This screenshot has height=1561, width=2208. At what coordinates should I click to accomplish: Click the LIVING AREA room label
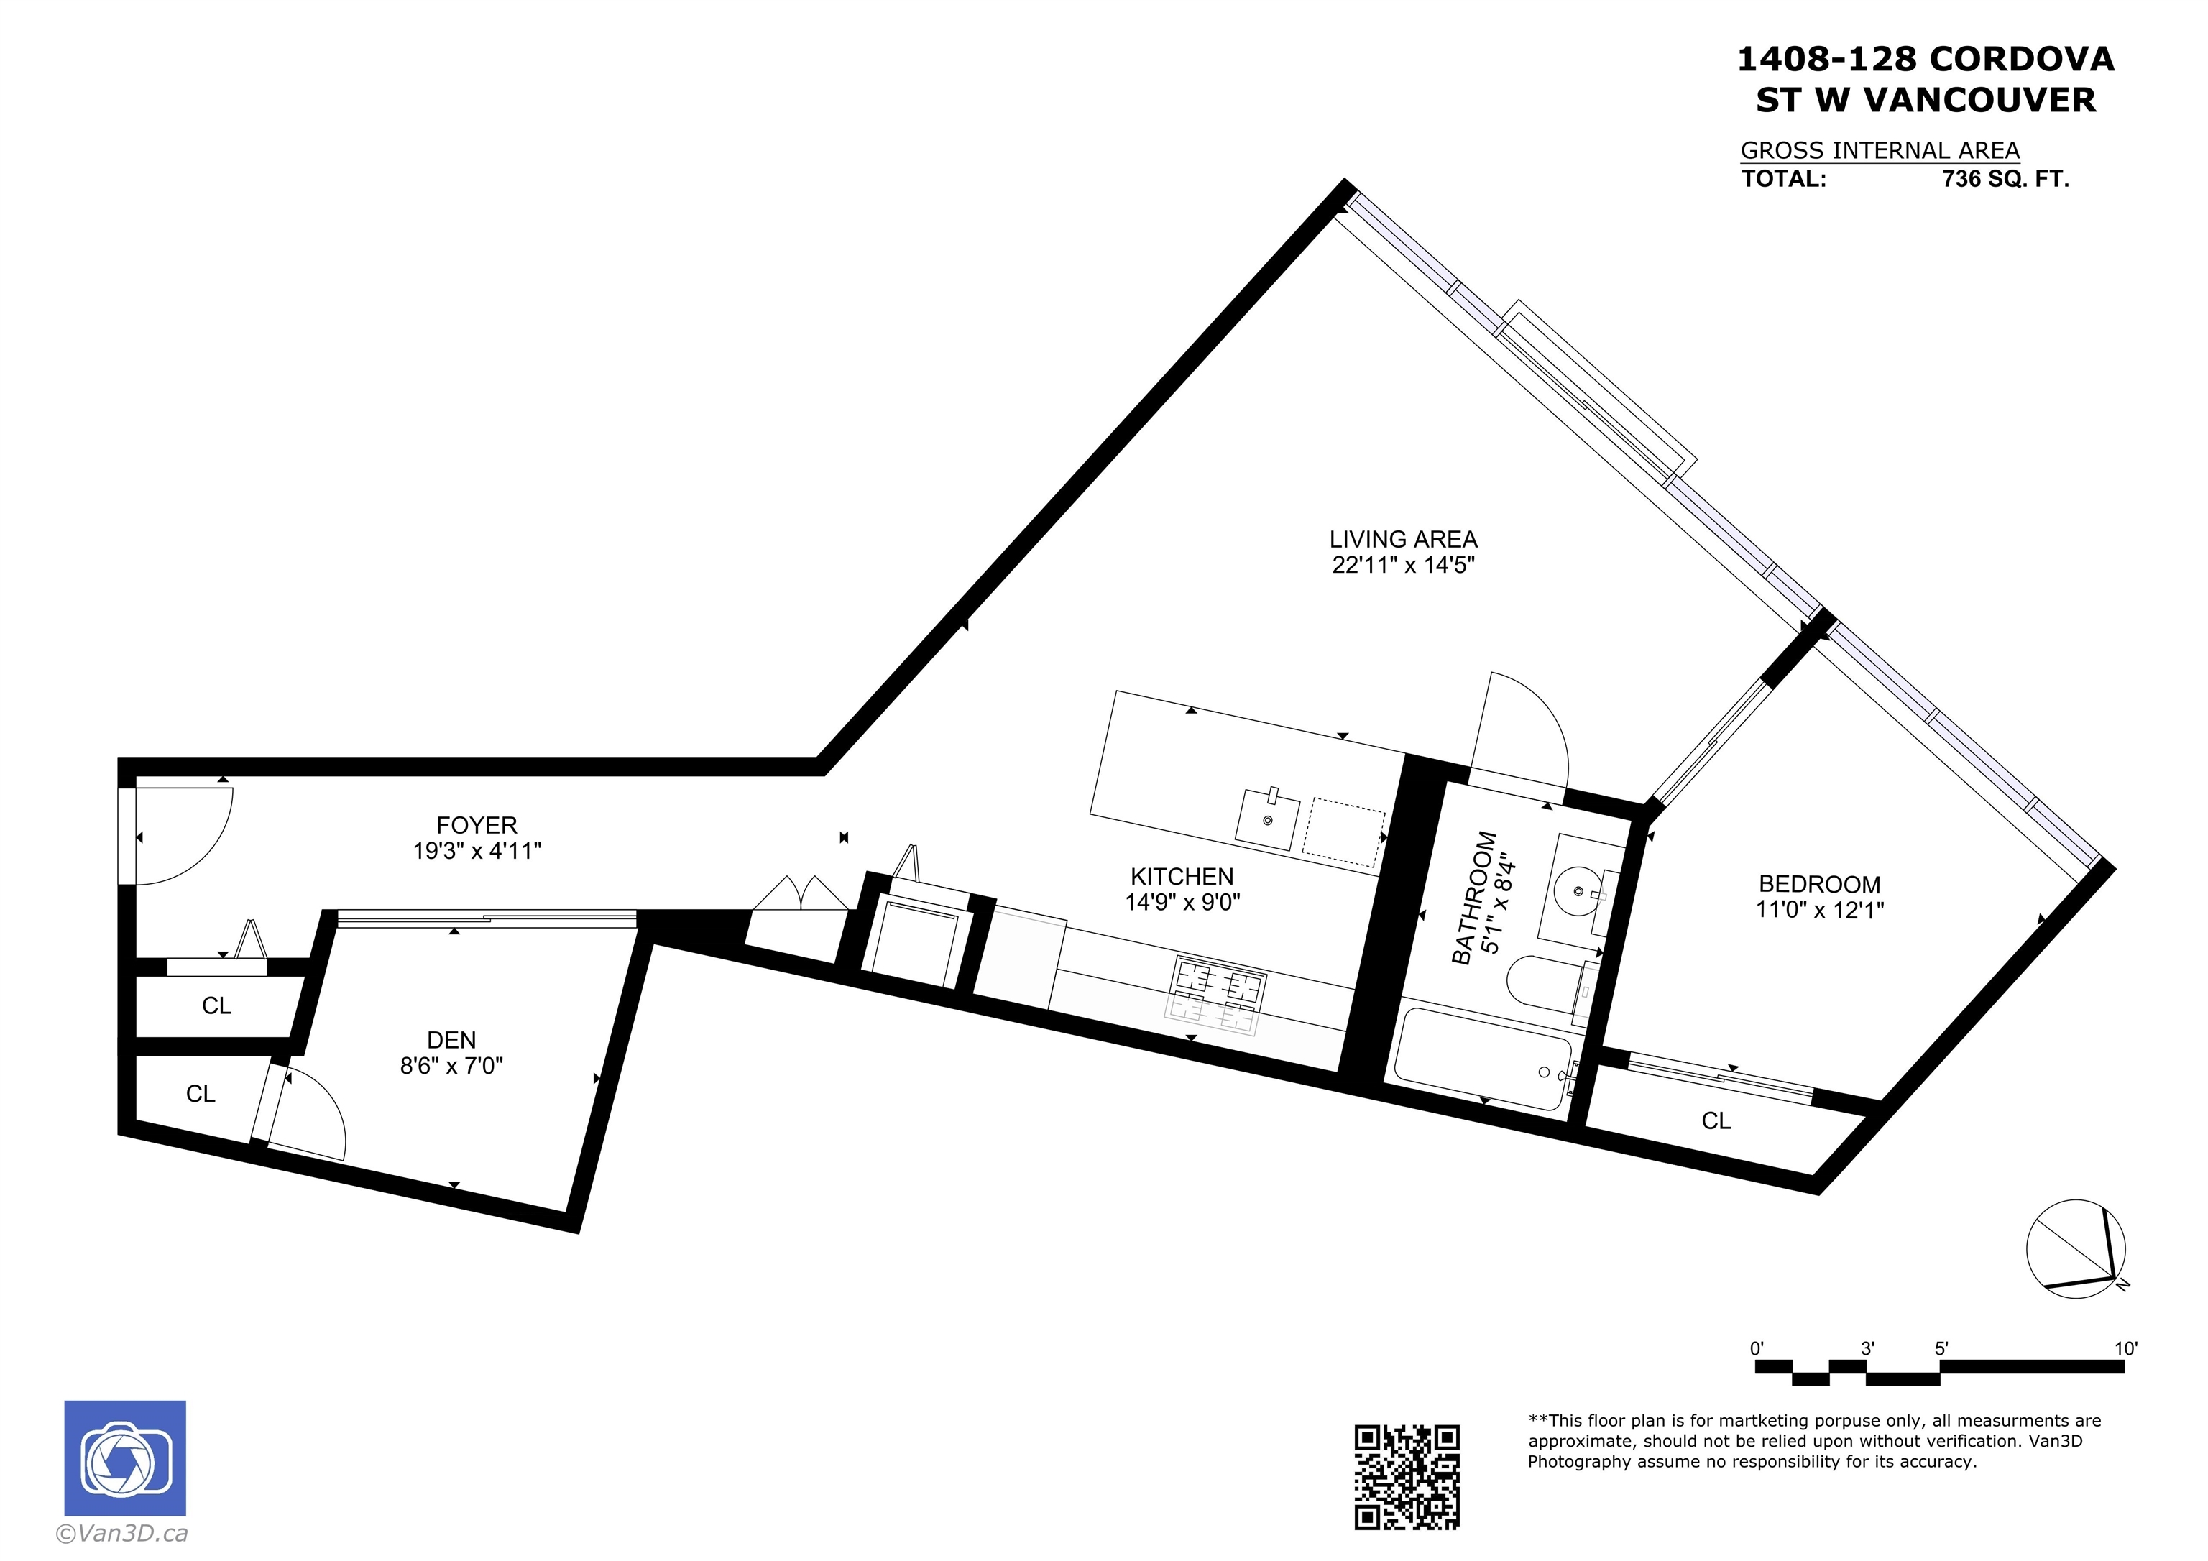pyautogui.click(x=1403, y=540)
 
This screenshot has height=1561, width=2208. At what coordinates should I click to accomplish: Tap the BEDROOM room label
pyautogui.click(x=1819, y=884)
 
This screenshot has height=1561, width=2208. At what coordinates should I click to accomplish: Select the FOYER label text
pyautogui.click(x=477, y=825)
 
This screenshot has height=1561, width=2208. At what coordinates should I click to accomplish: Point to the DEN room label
pyautogui.click(x=451, y=1040)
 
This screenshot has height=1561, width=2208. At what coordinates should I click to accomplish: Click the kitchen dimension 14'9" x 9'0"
pyautogui.click(x=1183, y=902)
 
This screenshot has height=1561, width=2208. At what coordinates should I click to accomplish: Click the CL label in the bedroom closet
pyautogui.click(x=1716, y=1120)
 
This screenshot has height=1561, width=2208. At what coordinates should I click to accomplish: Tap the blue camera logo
pyautogui.click(x=125, y=1458)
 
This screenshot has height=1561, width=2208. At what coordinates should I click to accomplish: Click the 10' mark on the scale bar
pyautogui.click(x=2125, y=1348)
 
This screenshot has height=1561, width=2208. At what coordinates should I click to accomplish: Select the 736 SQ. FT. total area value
pyautogui.click(x=2005, y=179)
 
